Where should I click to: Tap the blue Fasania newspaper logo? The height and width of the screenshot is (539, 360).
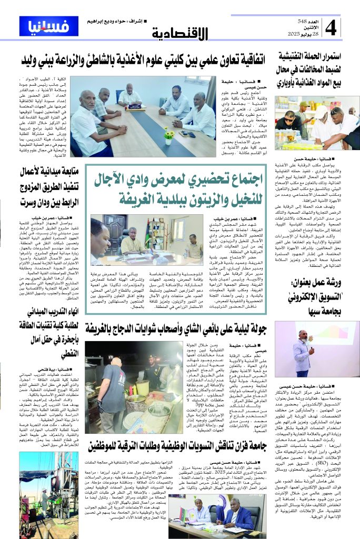tap(46, 25)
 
